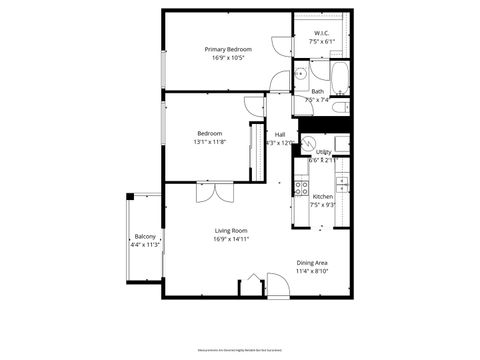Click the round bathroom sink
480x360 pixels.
pyautogui.click(x=300, y=73)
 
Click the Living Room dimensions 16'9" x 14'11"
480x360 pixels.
pyautogui.click(x=229, y=240)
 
